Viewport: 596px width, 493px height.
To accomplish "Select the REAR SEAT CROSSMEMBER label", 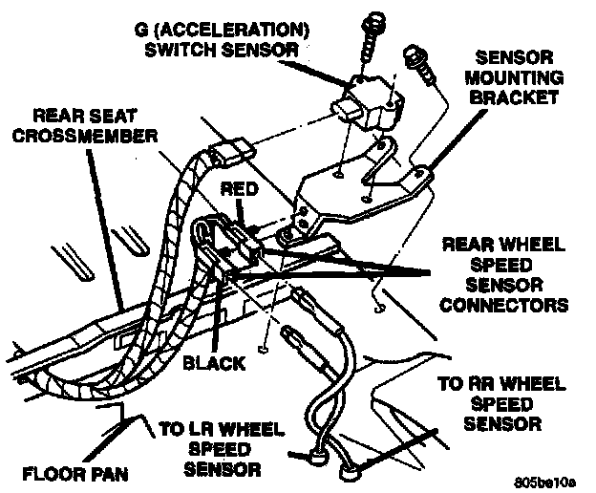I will [x=91, y=125].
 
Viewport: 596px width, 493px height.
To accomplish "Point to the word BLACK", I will [x=215, y=364].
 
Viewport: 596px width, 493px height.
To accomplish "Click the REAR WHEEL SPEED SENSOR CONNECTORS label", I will [x=506, y=275].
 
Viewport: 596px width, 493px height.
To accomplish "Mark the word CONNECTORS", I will [x=506, y=306].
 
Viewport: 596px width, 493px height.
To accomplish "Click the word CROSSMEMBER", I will [x=91, y=136].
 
